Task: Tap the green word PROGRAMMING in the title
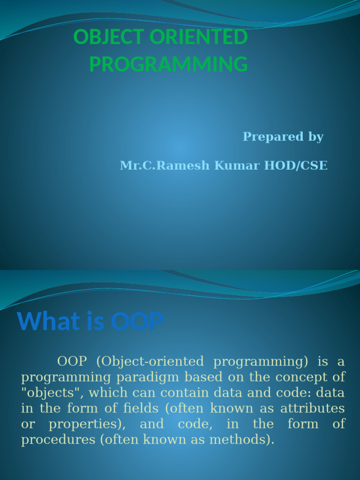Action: tap(168, 65)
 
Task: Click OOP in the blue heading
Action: tap(137, 322)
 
